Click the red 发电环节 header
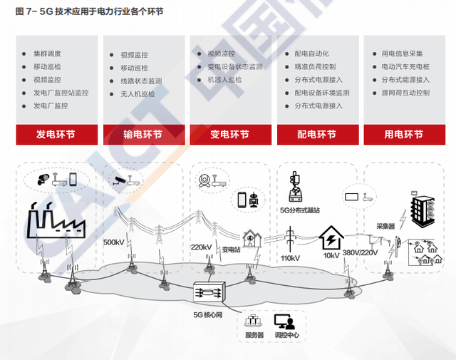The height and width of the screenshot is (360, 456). (x=56, y=135)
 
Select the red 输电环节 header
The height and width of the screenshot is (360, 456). (x=142, y=135)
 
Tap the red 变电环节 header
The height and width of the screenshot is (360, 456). (x=229, y=135)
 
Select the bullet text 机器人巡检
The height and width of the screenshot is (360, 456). (x=224, y=80)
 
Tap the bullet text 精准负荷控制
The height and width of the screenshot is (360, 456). (x=315, y=67)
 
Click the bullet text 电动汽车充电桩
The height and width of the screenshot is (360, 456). (x=405, y=67)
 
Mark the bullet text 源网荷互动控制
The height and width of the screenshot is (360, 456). (x=405, y=93)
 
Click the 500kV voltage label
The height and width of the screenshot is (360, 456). (x=114, y=242)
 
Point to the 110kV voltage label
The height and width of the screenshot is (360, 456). (x=290, y=258)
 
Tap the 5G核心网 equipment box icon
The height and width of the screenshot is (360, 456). (x=209, y=292)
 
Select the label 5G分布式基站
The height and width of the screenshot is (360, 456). (x=300, y=210)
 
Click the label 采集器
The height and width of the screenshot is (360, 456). (x=386, y=226)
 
